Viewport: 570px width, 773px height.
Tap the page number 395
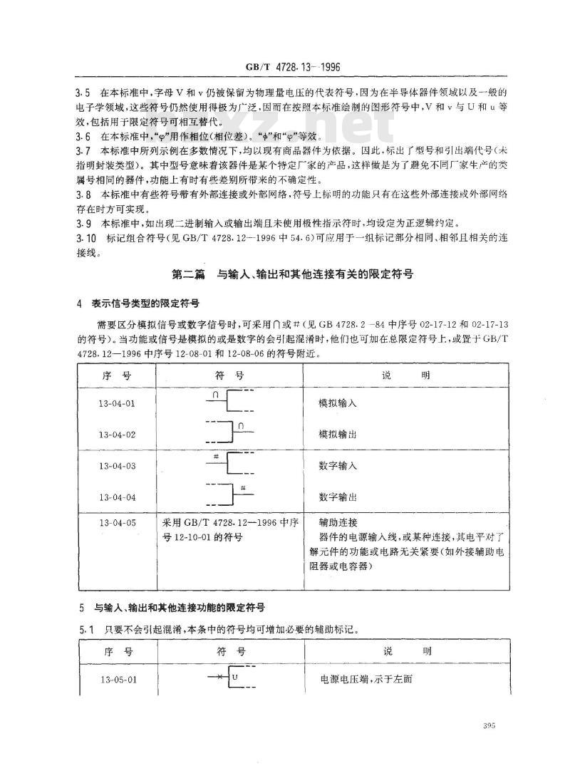489,726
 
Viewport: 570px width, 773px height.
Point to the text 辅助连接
338,522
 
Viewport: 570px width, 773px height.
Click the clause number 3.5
83,93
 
